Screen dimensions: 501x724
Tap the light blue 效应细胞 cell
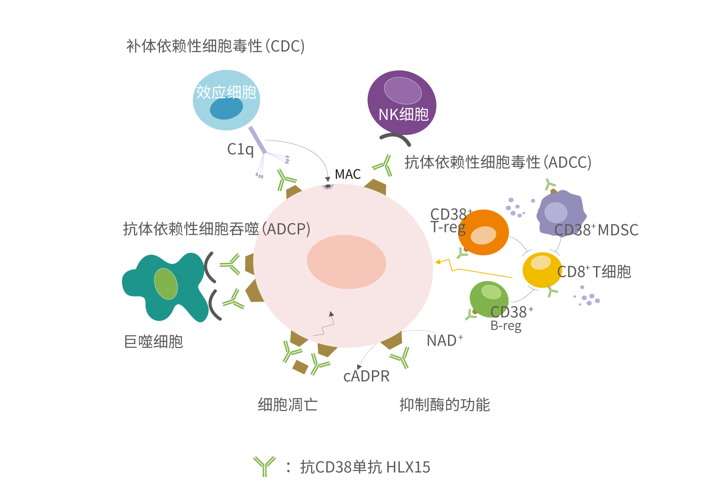click(226, 100)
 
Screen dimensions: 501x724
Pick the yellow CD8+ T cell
click(541, 270)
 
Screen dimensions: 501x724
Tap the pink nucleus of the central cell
click(346, 262)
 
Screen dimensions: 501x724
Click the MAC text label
click(347, 174)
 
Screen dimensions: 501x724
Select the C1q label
click(240, 149)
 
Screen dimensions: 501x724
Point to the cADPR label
click(366, 376)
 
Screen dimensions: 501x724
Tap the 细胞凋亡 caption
click(288, 405)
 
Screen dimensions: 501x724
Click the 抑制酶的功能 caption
click(444, 405)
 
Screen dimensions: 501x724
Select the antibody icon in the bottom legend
click(264, 466)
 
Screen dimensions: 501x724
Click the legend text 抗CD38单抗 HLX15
click(365, 467)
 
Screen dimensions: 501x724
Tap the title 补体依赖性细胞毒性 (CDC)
click(215, 46)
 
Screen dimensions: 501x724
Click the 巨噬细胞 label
click(154, 342)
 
